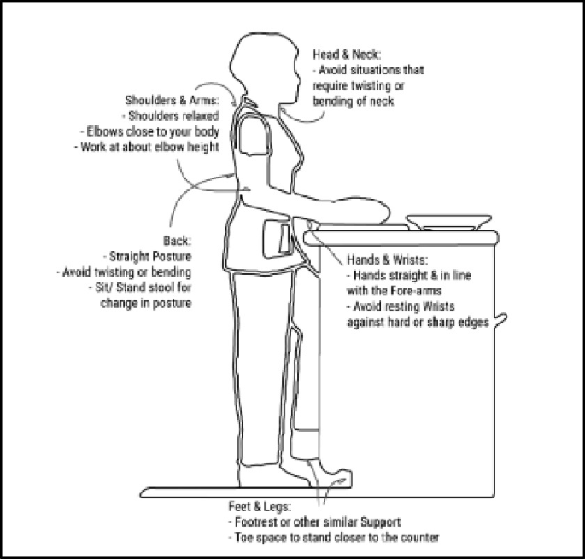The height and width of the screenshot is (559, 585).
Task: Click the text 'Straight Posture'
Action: click(x=149, y=256)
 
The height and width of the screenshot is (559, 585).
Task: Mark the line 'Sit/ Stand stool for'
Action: click(x=142, y=287)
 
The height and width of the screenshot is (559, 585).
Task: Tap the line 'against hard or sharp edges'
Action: click(x=417, y=323)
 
